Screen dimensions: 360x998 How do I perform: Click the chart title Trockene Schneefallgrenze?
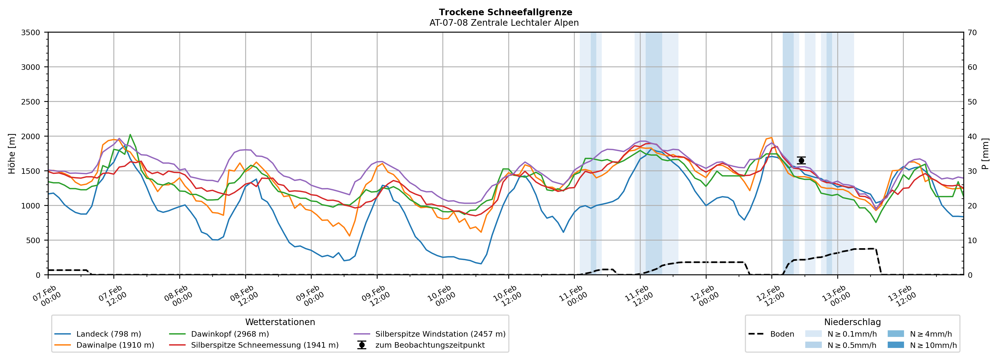tap(505, 12)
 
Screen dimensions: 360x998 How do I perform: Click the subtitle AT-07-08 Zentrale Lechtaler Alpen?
tap(504, 23)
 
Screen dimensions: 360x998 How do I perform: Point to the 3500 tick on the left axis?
tap(31, 33)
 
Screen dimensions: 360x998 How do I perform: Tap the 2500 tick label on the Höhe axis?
tap(31, 102)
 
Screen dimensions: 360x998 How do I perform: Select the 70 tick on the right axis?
tap(972, 33)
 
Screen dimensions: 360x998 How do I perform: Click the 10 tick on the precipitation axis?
tap(972, 240)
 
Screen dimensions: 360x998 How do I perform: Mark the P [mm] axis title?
tap(986, 154)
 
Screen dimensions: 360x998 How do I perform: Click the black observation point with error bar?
tap(801, 160)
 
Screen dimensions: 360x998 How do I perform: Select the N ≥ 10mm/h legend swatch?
tap(895, 345)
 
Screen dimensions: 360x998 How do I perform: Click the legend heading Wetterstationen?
tap(280, 322)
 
